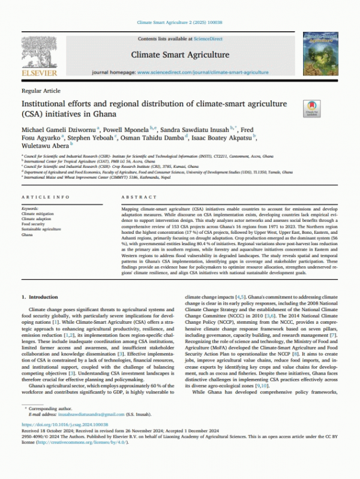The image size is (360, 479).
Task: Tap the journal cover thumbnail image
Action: pos(320,52)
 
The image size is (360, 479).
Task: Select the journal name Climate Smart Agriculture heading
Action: pos(180,55)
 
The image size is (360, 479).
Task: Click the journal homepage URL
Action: pos(220,72)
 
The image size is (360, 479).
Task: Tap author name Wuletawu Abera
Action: pos(44,144)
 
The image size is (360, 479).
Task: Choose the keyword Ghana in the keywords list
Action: pos(28,234)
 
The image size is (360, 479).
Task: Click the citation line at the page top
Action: pos(180,22)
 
